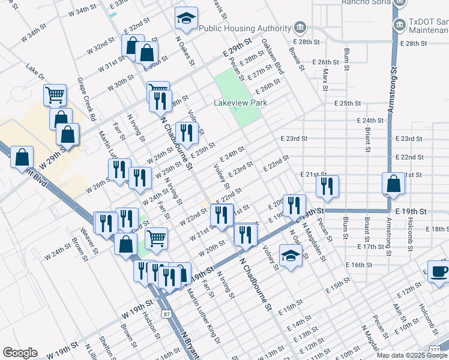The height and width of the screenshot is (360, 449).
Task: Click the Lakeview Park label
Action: (x=241, y=103)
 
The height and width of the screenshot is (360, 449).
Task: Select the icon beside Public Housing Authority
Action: (x=299, y=28)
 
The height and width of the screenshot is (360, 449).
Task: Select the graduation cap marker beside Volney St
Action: (x=291, y=256)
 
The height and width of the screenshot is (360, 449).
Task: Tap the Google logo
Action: (x=20, y=353)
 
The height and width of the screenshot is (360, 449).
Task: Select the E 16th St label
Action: (x=359, y=265)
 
